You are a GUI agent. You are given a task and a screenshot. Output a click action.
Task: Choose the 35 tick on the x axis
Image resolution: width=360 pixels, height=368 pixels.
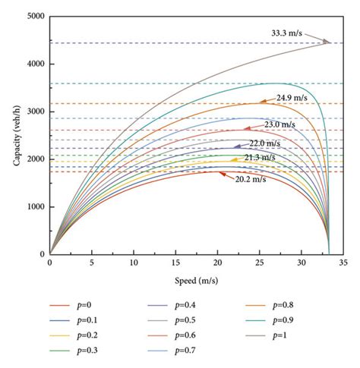click(343, 264)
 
